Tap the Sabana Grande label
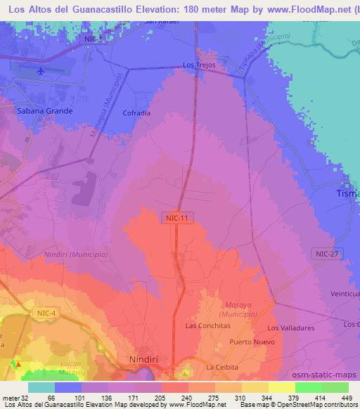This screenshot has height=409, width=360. (x=41, y=111)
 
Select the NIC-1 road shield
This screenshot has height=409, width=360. (x=93, y=39)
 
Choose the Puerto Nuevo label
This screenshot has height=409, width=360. (x=250, y=342)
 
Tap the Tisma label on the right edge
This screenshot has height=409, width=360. (x=348, y=193)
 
